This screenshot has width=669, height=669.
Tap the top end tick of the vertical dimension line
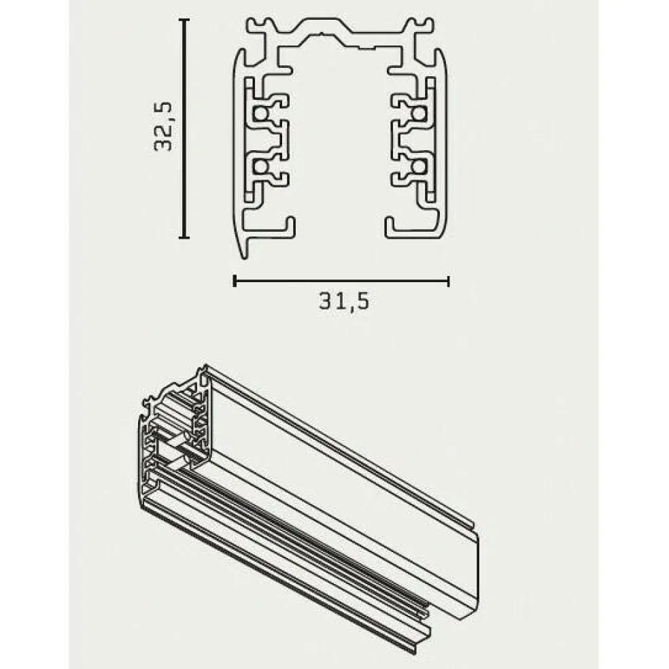[x=183, y=21]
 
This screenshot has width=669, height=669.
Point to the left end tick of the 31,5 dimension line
[x=235, y=280]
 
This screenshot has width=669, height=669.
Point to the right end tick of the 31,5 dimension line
[x=448, y=280]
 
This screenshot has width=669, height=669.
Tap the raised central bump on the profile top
[x=340, y=31]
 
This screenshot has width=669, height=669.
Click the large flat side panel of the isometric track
[x=340, y=476]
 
